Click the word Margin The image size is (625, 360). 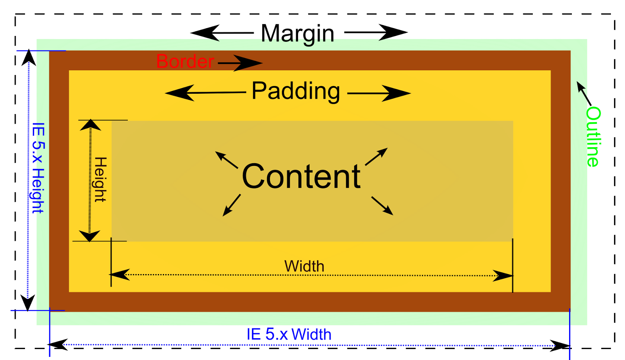(x=297, y=34)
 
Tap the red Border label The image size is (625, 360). (x=185, y=61)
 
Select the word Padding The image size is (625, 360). (x=296, y=91)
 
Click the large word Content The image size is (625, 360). (x=301, y=176)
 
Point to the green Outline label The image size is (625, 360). (x=593, y=137)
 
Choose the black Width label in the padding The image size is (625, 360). (x=304, y=266)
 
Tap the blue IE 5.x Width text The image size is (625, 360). (x=289, y=334)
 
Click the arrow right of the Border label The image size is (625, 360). (x=240, y=63)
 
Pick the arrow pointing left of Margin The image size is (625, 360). (x=221, y=33)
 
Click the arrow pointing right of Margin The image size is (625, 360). (x=376, y=32)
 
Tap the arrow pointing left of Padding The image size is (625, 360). (x=205, y=93)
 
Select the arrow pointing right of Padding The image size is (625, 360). (x=379, y=93)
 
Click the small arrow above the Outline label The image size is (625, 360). (x=584, y=93)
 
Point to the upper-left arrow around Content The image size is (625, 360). (x=227, y=160)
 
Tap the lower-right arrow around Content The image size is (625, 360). (x=382, y=206)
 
